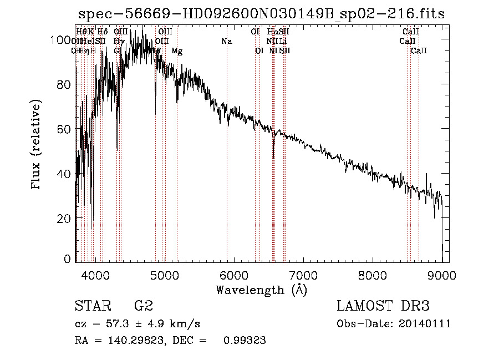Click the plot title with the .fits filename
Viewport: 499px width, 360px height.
(x=261, y=14)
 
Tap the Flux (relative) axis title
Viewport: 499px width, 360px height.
(x=37, y=145)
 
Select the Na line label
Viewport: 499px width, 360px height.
(x=226, y=42)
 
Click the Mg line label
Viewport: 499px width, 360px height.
(x=177, y=51)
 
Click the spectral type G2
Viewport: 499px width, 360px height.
(x=144, y=306)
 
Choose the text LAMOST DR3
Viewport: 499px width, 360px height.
(x=383, y=306)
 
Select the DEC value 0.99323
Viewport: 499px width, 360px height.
(x=245, y=341)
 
